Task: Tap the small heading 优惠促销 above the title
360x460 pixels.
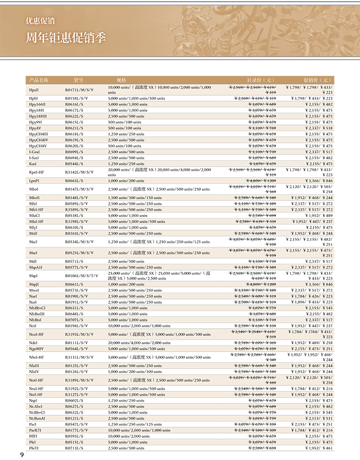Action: click(40, 22)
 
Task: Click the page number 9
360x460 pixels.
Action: click(23, 454)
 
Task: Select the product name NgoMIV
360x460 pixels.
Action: click(38, 348)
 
